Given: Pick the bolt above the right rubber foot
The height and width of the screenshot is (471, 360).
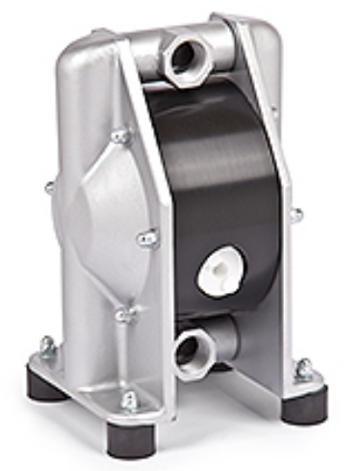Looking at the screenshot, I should (x=303, y=368).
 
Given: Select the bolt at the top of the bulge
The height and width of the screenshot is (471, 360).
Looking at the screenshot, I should (x=122, y=136).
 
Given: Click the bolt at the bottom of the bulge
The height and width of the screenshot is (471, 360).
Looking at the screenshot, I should (x=123, y=313).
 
